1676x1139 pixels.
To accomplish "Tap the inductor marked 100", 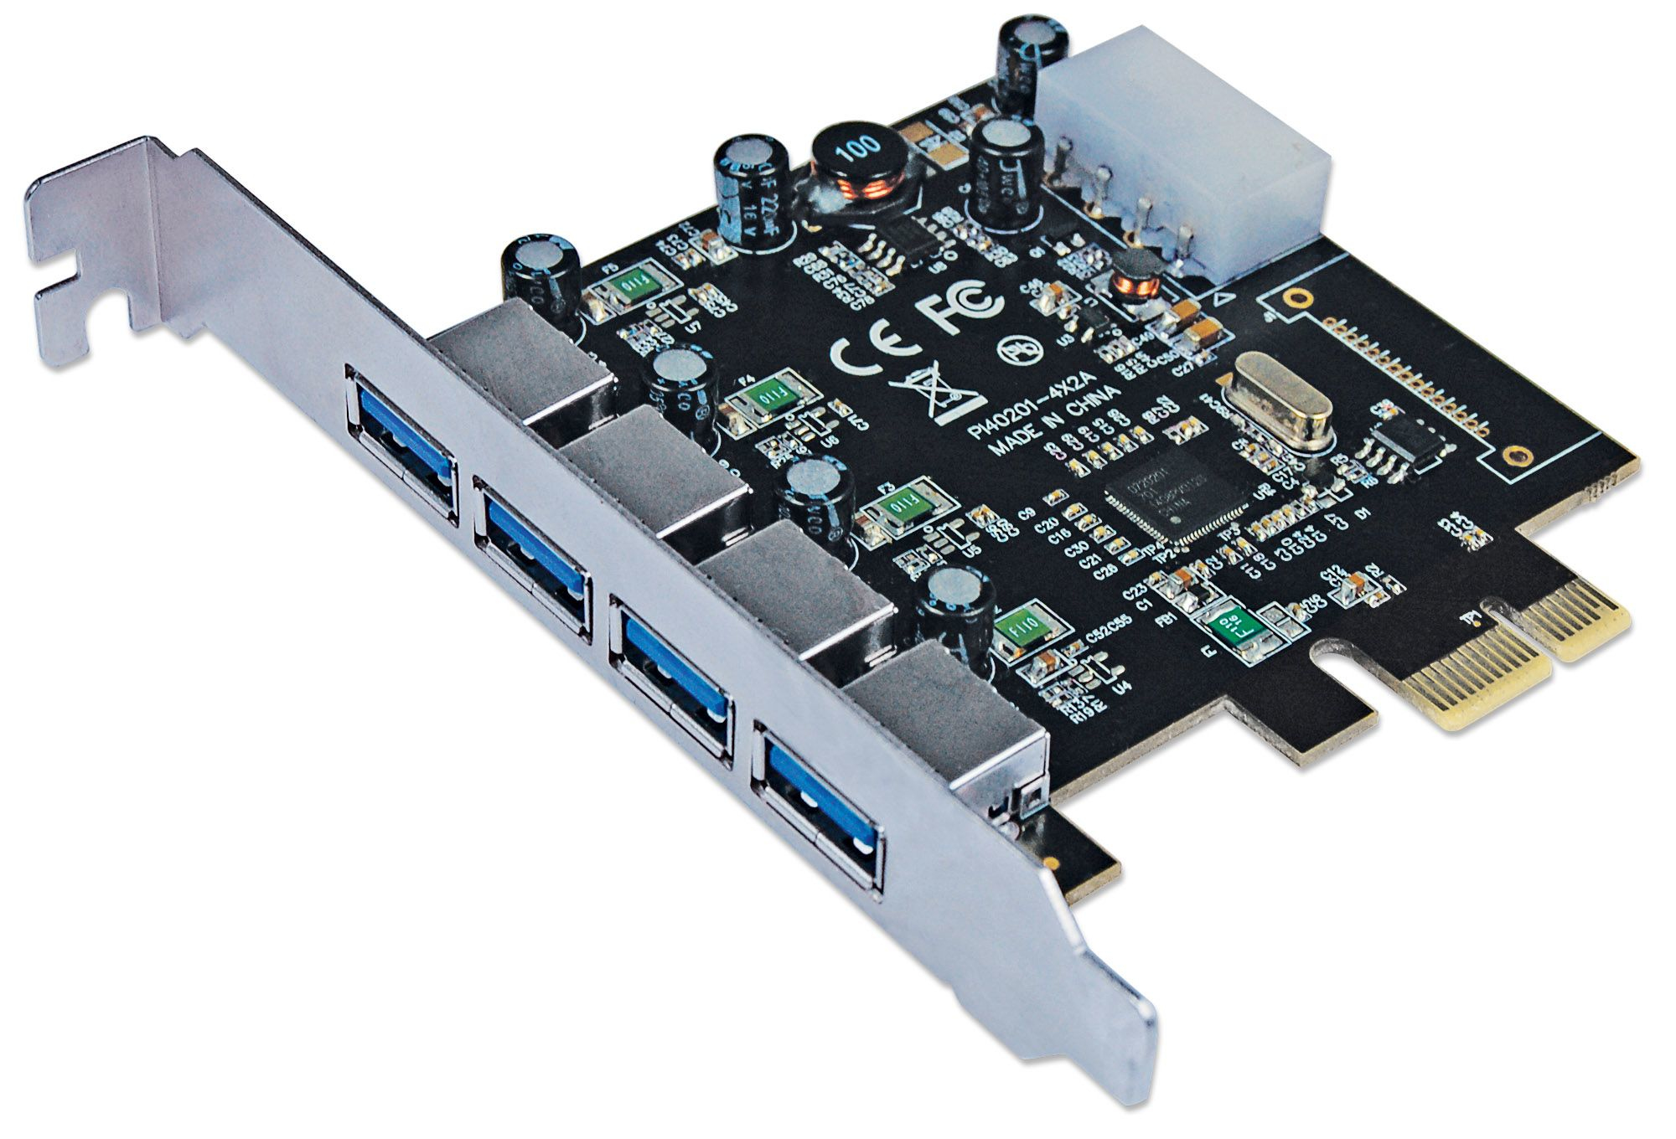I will pos(863,167).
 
